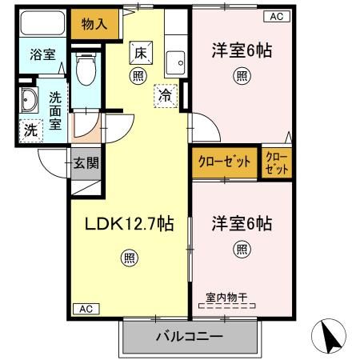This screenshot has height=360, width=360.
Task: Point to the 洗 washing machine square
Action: click(29, 129)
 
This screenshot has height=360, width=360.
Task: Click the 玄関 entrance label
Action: click(86, 164)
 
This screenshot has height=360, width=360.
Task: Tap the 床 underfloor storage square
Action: click(139, 54)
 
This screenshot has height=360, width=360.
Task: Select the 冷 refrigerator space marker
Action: click(164, 94)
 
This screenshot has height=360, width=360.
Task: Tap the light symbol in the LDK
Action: click(129, 258)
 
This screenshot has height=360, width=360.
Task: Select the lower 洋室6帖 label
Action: click(241, 222)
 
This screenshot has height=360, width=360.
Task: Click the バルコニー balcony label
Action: click(189, 336)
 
